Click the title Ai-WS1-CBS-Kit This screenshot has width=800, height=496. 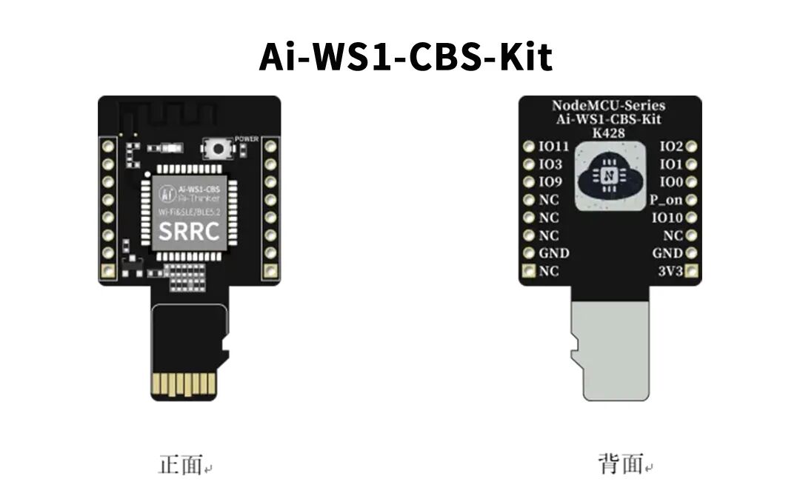pos(406,57)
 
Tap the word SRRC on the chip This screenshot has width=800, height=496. pos(190,231)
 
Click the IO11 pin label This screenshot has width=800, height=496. pos(554,147)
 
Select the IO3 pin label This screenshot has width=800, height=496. pos(550,164)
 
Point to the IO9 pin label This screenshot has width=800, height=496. pos(550,182)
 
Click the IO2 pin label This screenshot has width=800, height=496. pos(671,147)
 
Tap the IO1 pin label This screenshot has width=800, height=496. pos(671,164)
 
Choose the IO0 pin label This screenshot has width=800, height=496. pos(671,182)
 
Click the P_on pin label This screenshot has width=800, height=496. pos(666,200)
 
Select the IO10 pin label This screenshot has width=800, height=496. pos(667,218)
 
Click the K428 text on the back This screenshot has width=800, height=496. pos(609,133)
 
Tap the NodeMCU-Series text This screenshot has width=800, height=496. pos(609,106)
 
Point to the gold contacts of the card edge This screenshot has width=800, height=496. pos(184,383)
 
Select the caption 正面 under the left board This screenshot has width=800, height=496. pos(181,466)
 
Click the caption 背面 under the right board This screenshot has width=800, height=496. pos(621,464)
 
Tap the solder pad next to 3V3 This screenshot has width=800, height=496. pos(692,272)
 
